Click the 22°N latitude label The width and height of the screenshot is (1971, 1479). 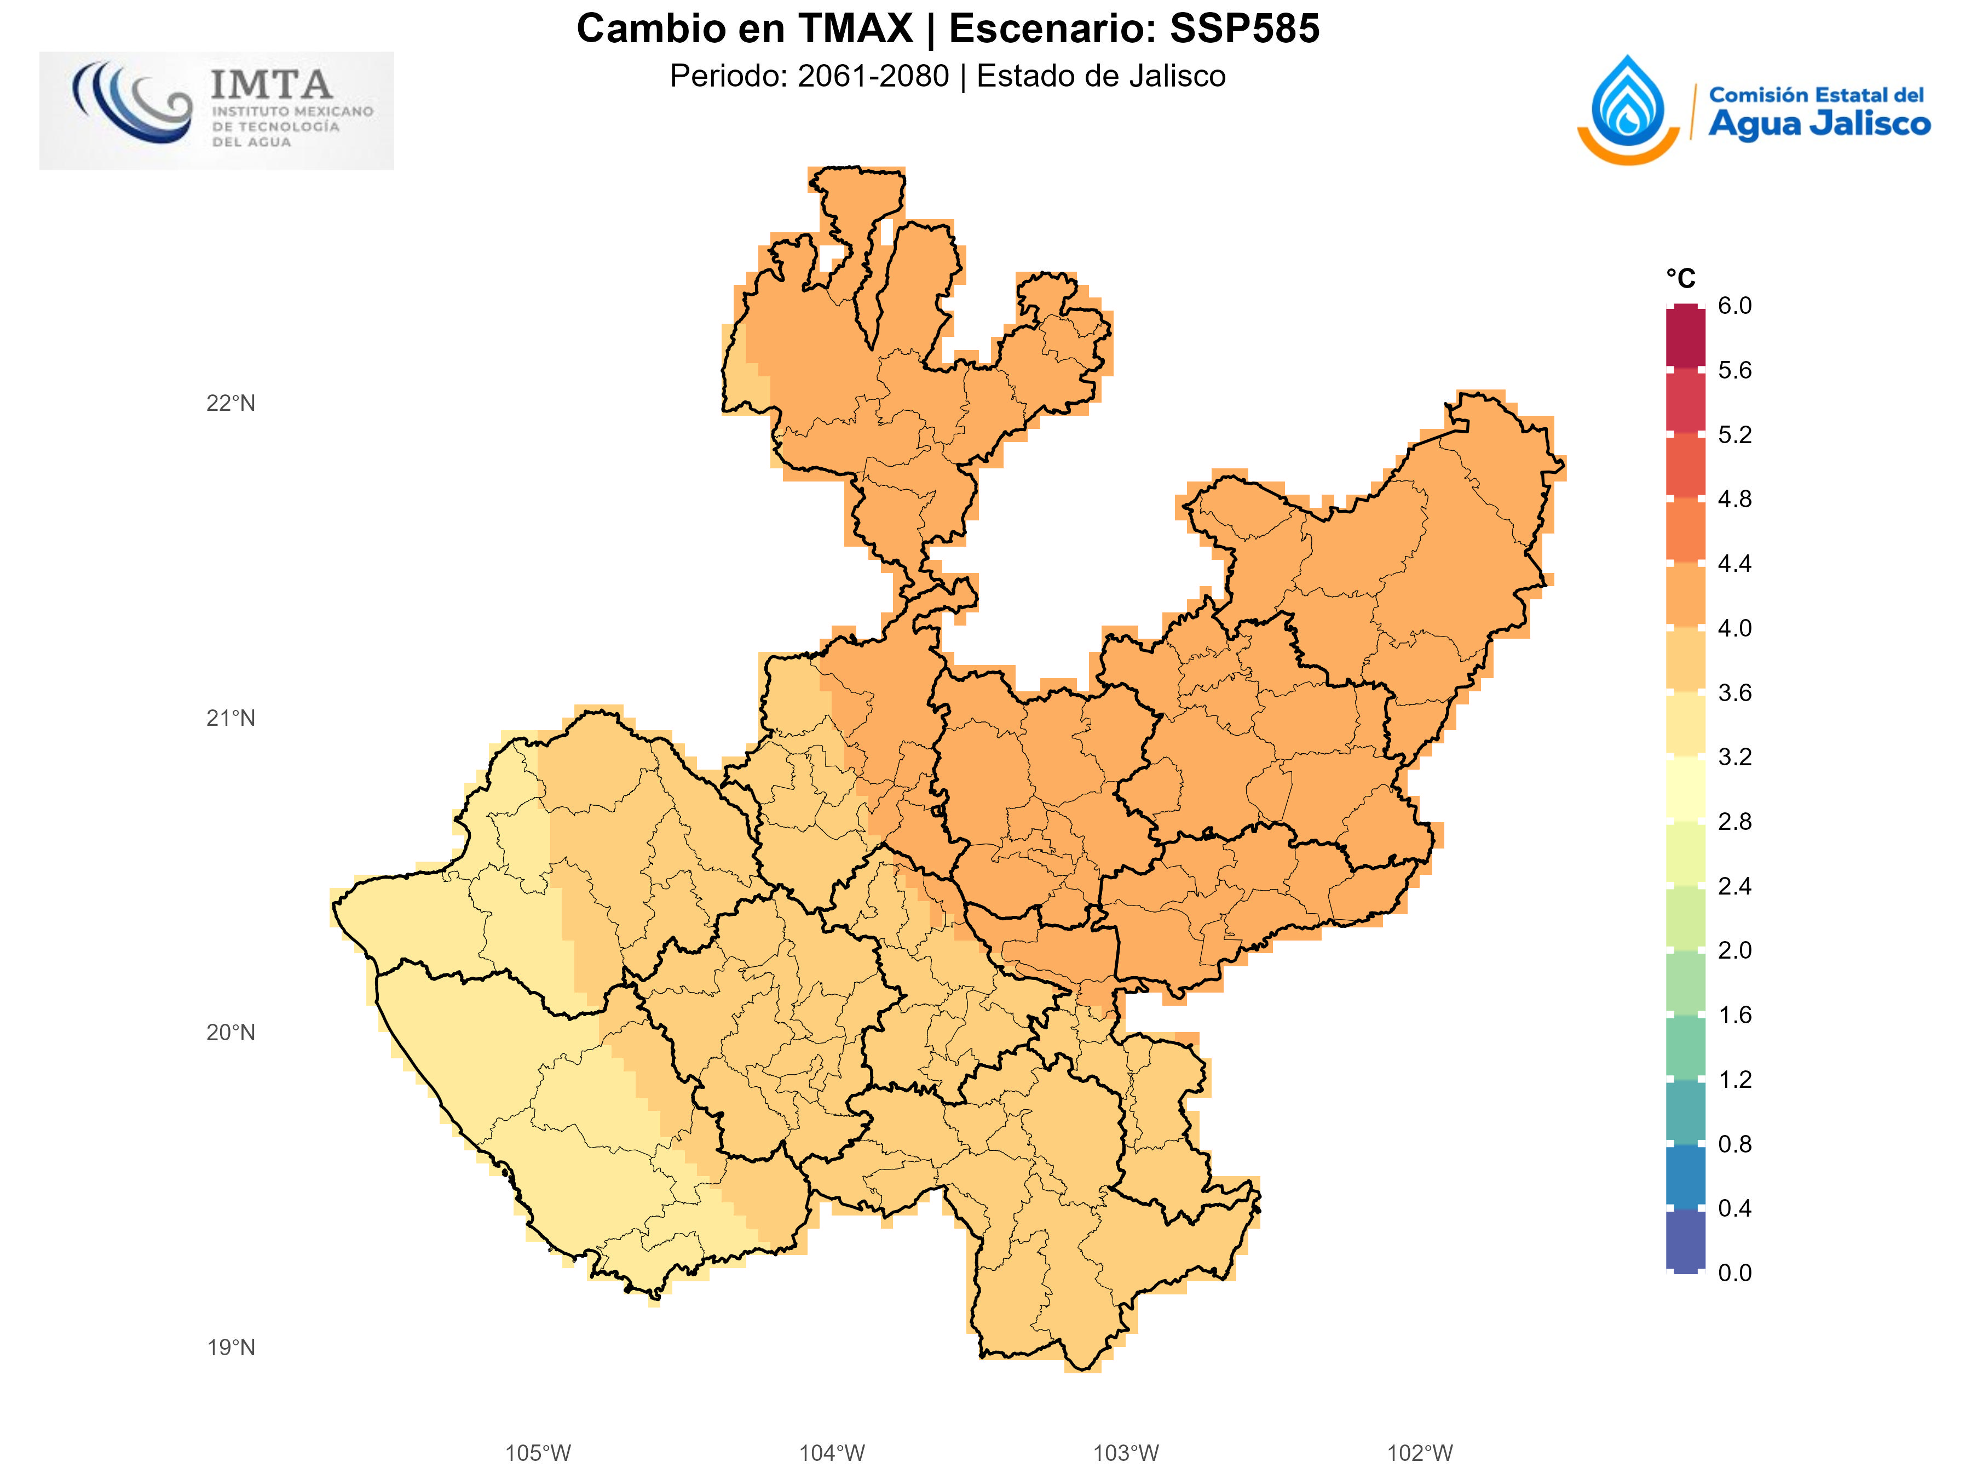(x=231, y=403)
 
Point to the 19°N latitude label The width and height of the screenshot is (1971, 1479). (x=231, y=1347)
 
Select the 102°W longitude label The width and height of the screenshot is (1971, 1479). (x=1420, y=1453)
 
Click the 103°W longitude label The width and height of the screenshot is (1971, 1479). (x=1126, y=1453)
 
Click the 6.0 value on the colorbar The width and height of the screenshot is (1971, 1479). (x=1734, y=306)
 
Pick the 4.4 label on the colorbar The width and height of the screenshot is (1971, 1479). (x=1734, y=564)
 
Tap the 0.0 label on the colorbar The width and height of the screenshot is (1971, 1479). (x=1734, y=1272)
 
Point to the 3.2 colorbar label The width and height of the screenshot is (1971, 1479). (x=1734, y=757)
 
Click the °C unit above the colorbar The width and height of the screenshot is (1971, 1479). (x=1680, y=279)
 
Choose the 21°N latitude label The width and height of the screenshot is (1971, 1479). (x=231, y=718)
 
